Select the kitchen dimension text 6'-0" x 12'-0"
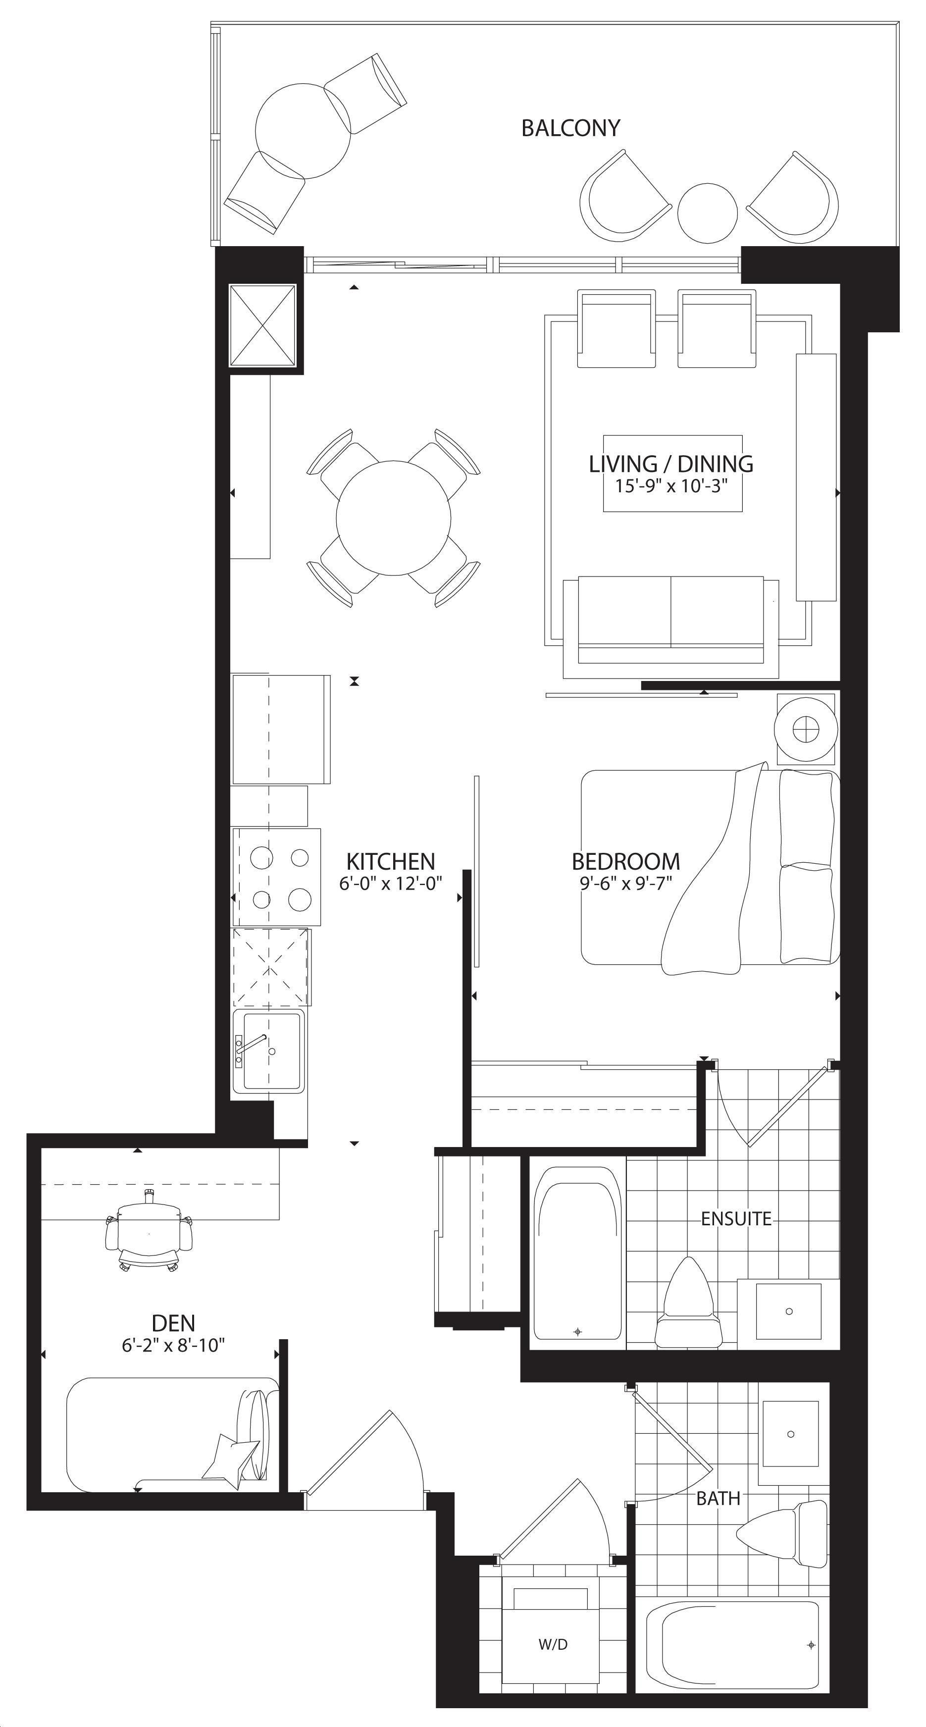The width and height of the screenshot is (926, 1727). click(x=391, y=884)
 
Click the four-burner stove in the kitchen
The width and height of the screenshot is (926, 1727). click(x=276, y=877)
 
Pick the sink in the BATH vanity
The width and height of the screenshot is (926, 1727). click(x=789, y=1434)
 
